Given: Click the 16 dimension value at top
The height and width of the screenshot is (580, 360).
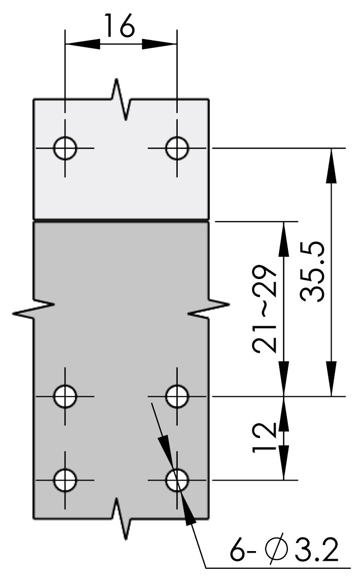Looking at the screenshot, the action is (x=119, y=25).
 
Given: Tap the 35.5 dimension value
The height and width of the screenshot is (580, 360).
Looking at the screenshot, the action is (x=313, y=272).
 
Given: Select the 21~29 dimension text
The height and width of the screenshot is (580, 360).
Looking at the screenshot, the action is (x=265, y=309).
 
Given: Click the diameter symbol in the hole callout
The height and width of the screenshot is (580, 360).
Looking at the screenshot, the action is (x=276, y=550).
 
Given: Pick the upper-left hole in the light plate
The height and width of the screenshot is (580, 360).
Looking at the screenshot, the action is (x=65, y=148).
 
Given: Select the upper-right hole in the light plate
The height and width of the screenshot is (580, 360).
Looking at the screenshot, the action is (x=177, y=148).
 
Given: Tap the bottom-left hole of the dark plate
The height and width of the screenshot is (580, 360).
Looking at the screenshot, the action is (x=65, y=480).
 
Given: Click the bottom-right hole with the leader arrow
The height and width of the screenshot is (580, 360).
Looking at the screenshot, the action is (x=177, y=480).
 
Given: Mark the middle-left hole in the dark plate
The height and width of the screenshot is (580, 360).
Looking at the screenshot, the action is (x=65, y=396).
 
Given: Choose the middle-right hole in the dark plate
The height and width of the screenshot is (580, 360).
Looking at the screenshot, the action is (x=177, y=396).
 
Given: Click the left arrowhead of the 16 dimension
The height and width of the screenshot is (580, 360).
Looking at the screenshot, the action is (x=82, y=44).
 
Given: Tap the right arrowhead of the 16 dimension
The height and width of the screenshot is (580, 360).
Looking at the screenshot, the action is (x=159, y=44).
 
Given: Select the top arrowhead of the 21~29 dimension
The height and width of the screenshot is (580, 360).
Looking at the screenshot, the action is (x=284, y=239).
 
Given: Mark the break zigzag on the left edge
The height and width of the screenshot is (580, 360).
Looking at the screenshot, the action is (x=34, y=309).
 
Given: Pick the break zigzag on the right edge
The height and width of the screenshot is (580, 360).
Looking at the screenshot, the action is (x=209, y=309).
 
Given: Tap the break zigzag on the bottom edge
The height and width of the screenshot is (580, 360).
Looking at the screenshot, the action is (x=121, y=519).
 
